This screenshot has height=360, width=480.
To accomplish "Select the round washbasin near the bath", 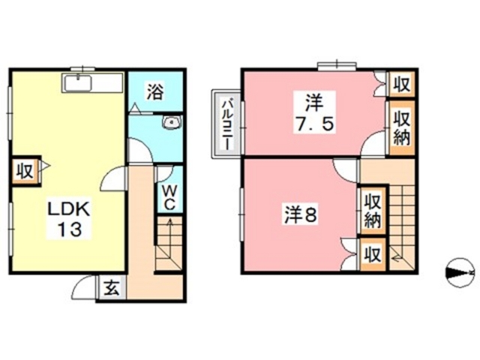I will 172,123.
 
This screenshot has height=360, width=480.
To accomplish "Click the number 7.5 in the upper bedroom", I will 313,121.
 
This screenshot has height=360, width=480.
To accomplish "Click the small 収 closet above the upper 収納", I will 401,84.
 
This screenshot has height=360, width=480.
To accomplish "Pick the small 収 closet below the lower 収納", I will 371,253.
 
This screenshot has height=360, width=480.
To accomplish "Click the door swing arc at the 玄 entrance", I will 84,289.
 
